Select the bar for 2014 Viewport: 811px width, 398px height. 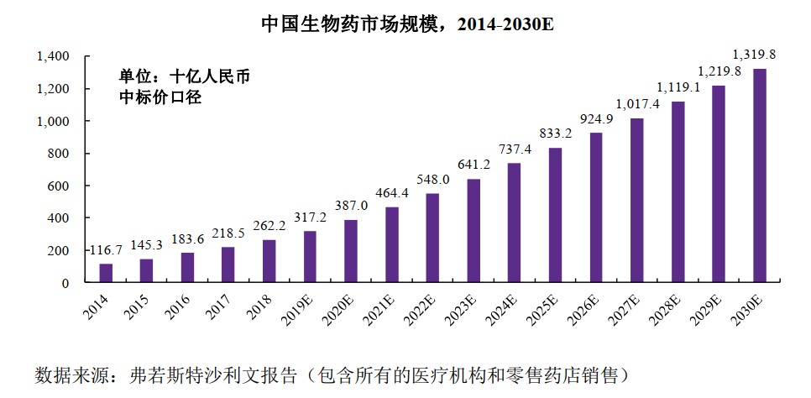pos(106,274)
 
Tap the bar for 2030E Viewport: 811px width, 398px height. pos(759,176)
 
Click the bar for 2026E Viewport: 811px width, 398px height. pos(596,208)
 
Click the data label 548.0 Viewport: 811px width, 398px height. pos(433,180)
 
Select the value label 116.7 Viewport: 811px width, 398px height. pos(107,250)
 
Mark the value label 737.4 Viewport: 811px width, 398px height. pos(515,149)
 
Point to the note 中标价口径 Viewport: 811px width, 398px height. pos(161,97)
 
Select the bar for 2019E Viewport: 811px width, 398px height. pos(310,257)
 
